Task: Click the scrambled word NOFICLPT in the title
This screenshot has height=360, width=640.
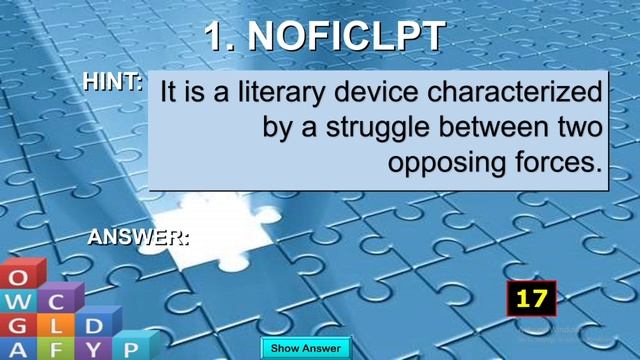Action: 346,37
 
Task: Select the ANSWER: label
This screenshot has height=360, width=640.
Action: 138,237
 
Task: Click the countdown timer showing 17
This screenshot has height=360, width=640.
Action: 531,298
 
